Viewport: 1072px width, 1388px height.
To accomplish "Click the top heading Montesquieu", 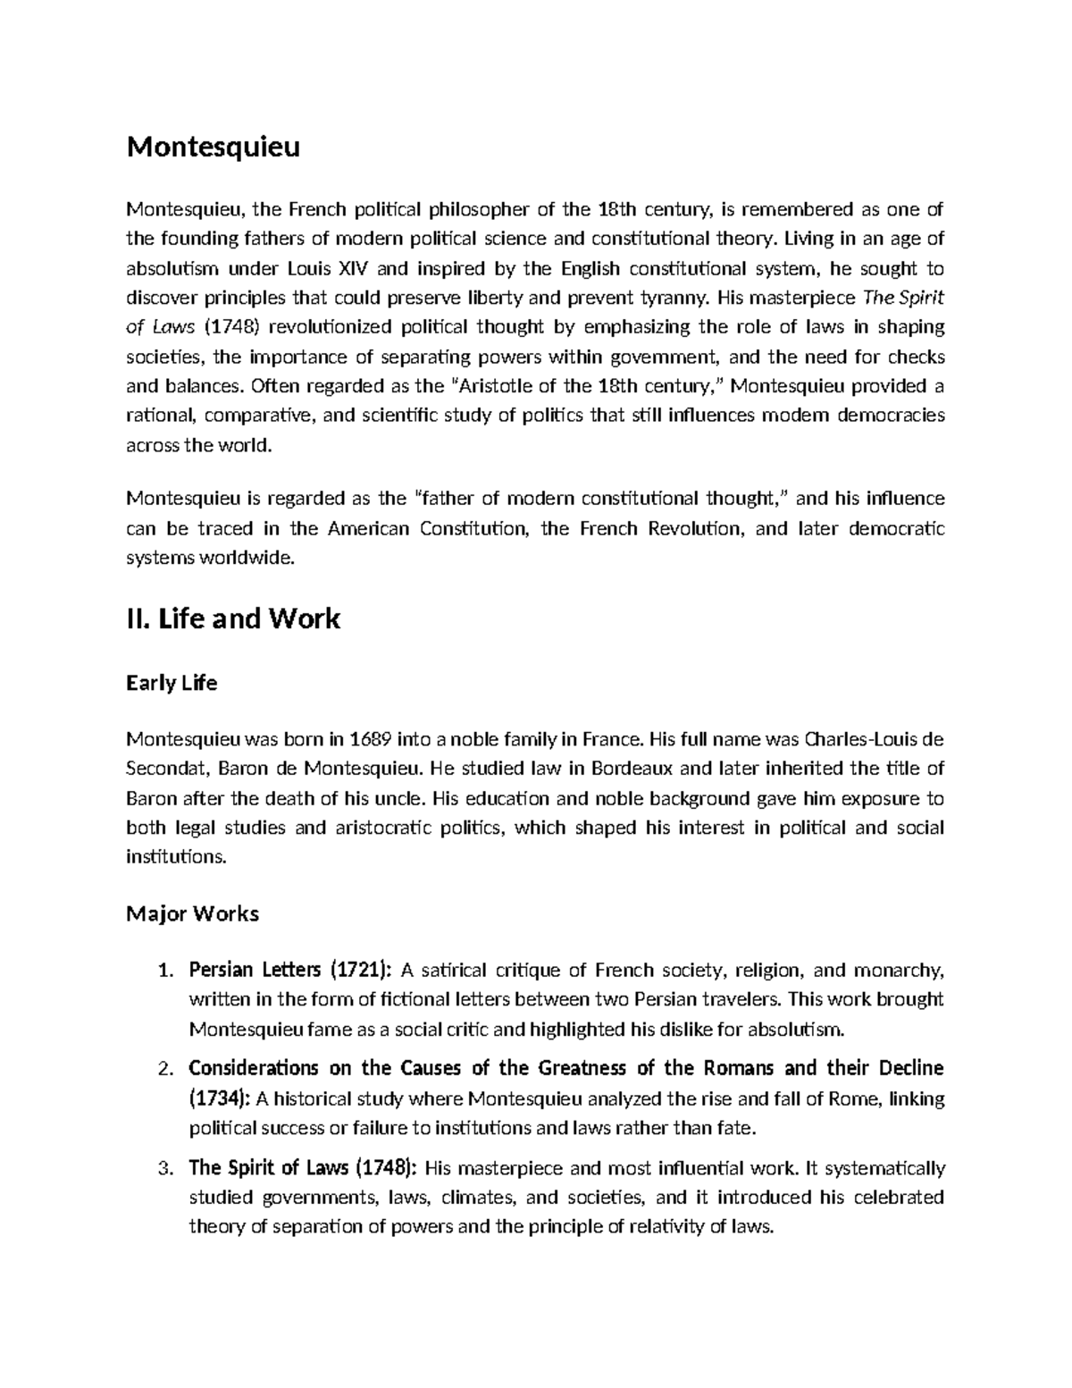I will (213, 147).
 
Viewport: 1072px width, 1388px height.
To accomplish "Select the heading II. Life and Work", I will (233, 618).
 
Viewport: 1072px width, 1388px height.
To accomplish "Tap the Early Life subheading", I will (172, 684).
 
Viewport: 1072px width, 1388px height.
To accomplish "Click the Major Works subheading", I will (192, 913).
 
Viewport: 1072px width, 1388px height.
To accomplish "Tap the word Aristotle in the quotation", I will (495, 386).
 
